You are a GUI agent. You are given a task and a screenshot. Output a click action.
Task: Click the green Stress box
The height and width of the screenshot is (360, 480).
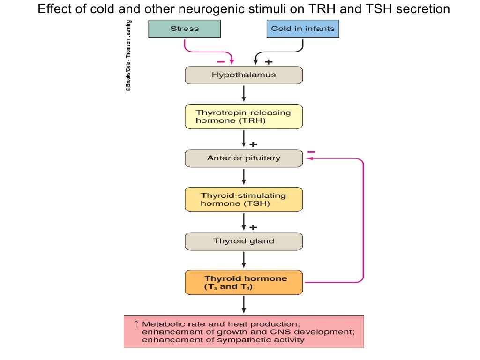click(x=185, y=29)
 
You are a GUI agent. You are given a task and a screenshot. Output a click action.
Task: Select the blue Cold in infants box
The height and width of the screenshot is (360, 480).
click(x=302, y=29)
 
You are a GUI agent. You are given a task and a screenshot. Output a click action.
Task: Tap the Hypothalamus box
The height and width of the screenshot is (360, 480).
click(x=244, y=75)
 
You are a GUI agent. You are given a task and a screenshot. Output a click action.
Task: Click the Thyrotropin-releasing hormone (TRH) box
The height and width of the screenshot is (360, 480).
click(x=244, y=116)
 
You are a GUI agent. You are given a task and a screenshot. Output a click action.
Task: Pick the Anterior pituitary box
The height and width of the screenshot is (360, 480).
click(x=244, y=158)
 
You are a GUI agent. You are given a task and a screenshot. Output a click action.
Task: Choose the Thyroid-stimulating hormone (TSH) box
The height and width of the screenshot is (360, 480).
click(x=244, y=200)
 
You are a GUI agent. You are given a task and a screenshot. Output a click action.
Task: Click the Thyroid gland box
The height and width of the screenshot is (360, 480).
click(x=244, y=241)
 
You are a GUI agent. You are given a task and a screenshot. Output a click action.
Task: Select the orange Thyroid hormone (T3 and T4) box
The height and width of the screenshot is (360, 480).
click(x=244, y=282)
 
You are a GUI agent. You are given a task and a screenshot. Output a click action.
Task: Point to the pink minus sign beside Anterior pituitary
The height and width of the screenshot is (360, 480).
click(x=312, y=151)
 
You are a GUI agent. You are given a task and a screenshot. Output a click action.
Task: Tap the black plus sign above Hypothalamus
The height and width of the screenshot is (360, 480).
click(x=269, y=62)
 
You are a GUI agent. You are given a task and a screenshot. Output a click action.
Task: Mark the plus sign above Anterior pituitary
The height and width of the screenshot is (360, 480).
click(x=253, y=144)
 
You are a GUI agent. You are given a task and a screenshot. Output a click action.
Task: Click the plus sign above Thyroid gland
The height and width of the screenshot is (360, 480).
click(x=253, y=227)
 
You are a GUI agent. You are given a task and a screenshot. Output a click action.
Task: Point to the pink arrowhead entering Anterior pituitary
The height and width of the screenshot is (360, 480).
click(x=308, y=159)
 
